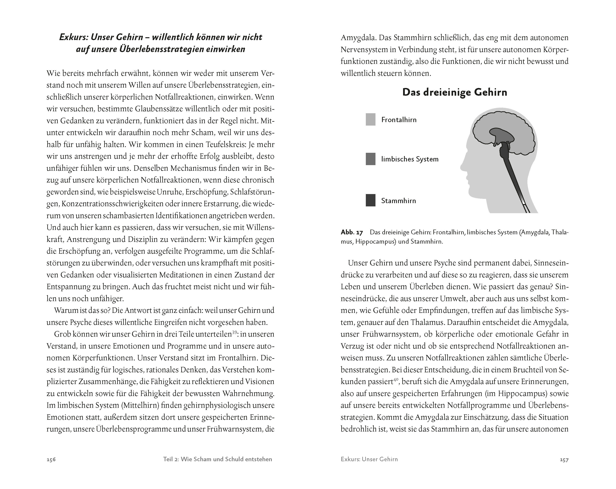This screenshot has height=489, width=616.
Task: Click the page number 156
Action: click(x=51, y=459)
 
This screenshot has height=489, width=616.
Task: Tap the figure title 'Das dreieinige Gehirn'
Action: click(x=455, y=92)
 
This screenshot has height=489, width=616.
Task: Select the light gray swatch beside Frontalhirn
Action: click(x=371, y=120)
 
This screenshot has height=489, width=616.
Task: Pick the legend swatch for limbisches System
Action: click(x=371, y=159)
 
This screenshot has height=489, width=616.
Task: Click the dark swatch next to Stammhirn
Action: click(x=371, y=200)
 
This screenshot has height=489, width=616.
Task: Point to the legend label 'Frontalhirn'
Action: click(x=399, y=120)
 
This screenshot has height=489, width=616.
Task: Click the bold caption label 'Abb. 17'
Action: click(x=352, y=232)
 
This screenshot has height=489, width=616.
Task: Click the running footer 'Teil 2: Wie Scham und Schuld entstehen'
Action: click(x=217, y=459)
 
